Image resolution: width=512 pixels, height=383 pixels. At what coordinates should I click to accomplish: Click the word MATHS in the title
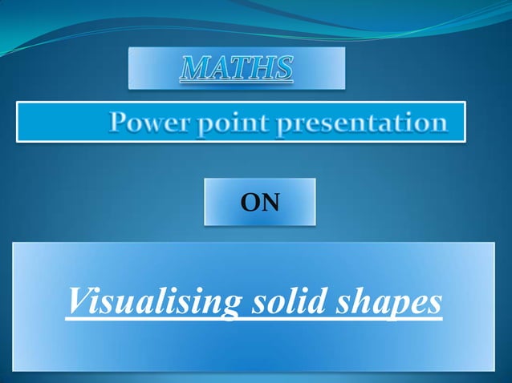(x=236, y=70)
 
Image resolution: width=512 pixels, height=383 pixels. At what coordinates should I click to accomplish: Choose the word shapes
(x=392, y=303)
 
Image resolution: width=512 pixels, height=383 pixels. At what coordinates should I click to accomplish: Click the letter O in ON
(x=250, y=204)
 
